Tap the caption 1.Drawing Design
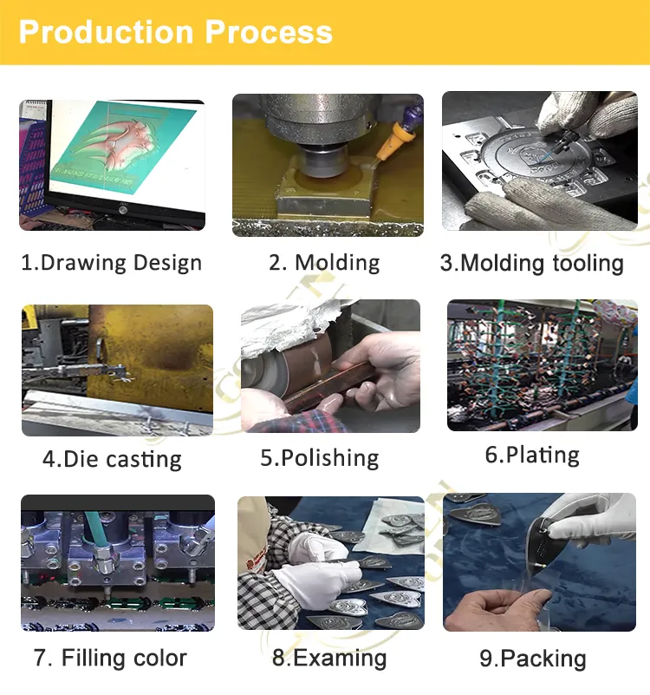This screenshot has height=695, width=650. coord(111,263)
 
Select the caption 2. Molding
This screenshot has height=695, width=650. coord(324,263)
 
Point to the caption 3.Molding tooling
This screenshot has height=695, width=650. coord(532,263)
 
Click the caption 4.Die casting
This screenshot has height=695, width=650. coord(112,459)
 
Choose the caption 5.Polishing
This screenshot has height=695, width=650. coord(320,458)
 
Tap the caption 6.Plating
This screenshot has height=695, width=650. coord(532,455)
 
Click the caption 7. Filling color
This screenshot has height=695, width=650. coord(110,658)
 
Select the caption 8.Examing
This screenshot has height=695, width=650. coord(329,658)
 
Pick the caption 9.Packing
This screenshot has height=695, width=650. coord(533,659)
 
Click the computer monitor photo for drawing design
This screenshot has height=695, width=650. coord(112,165)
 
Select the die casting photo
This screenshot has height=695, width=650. coord(117,370)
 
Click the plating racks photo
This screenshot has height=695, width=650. coord(542,365)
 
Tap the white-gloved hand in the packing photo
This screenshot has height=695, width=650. coord(597,521)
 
